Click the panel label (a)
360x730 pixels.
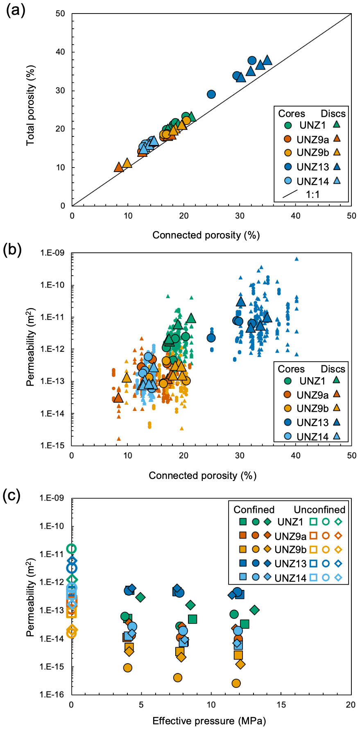coord(16,10)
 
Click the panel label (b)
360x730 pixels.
coord(12,249)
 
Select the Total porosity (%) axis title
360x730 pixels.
coord(31,105)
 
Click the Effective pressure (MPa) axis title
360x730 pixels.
coord(209,721)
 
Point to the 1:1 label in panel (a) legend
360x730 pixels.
coord(312,194)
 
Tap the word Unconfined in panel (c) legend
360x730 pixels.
coord(319,510)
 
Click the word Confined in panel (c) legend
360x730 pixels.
coord(254,510)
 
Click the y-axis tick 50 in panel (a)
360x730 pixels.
coord(60,14)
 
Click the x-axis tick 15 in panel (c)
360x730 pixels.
coord(281,705)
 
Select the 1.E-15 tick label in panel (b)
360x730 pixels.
coord(52,445)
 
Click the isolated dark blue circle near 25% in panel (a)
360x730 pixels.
coord(211,94)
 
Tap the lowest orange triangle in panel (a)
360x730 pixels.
coord(119,168)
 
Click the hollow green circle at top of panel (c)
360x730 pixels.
coord(72,549)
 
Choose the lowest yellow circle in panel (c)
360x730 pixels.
coord(236,683)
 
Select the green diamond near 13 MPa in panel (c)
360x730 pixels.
coord(254,610)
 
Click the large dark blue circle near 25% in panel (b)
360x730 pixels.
coord(211,338)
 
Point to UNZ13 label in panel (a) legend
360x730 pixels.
coord(312,167)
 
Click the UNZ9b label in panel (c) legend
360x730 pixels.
coord(290,550)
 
